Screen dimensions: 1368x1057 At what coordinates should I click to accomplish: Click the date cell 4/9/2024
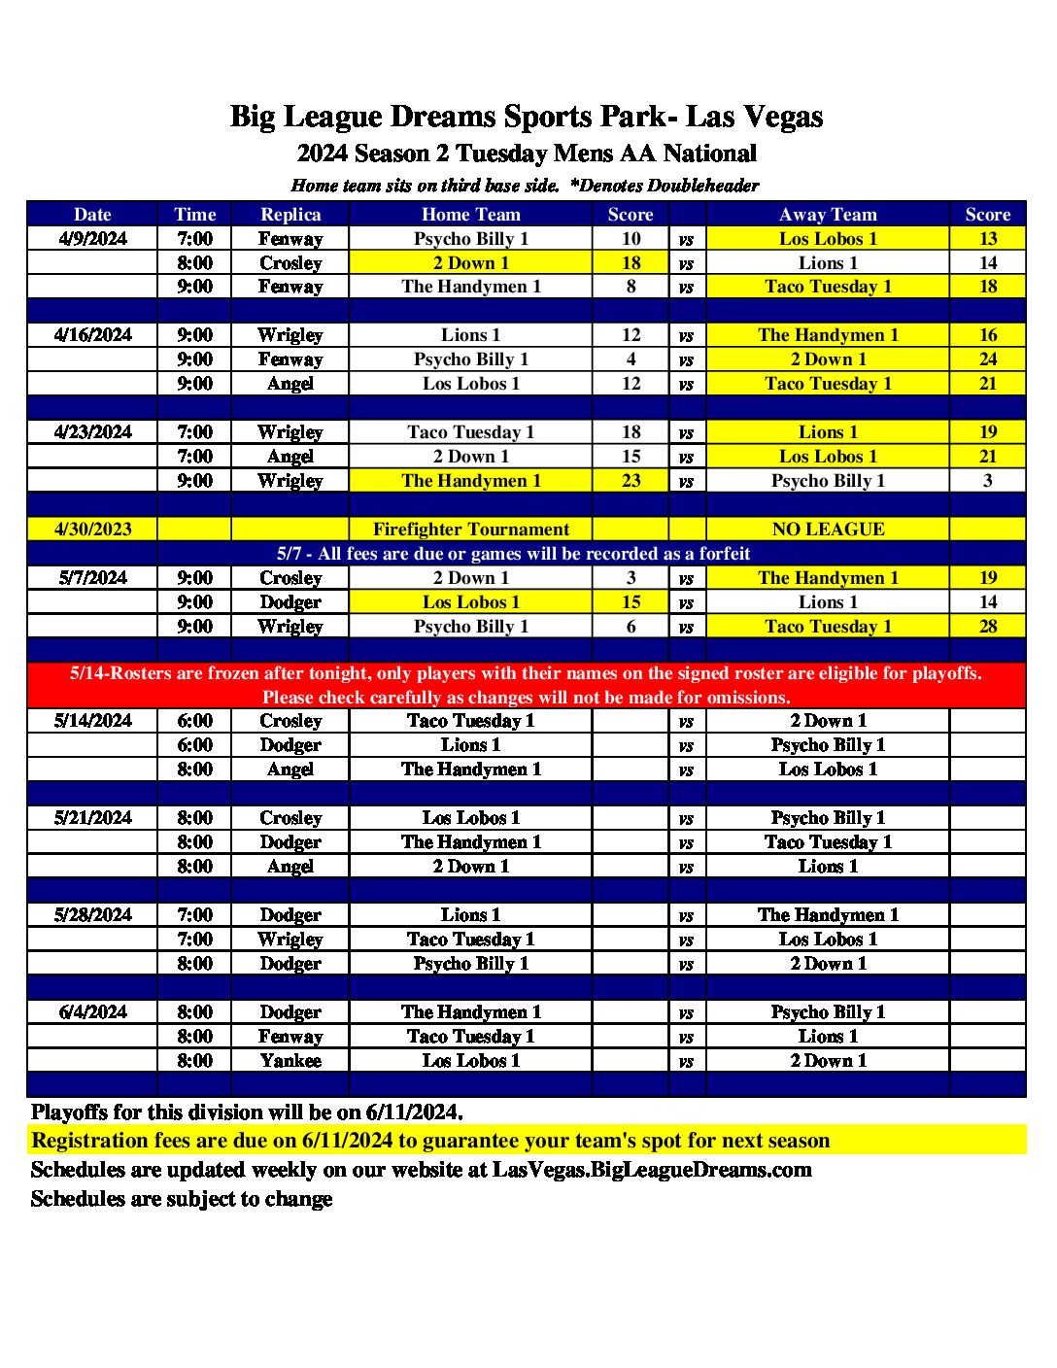[x=92, y=239]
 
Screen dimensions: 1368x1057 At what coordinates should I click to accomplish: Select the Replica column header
[x=290, y=215]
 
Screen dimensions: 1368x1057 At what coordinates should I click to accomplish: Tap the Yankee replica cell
[x=290, y=1061]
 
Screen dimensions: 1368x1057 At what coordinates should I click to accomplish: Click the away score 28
[x=988, y=627]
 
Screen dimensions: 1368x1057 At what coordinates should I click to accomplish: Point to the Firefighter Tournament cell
[x=471, y=530]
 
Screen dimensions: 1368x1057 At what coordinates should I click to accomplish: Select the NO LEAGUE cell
[x=828, y=530]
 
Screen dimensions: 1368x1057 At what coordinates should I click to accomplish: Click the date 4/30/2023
[x=92, y=530]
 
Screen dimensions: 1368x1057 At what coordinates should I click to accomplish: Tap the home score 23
[x=631, y=481]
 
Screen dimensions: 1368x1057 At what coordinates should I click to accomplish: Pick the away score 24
[x=988, y=359]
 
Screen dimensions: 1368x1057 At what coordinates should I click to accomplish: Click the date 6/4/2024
[x=92, y=1012]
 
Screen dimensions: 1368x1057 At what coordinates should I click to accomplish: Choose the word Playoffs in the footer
[x=70, y=1112]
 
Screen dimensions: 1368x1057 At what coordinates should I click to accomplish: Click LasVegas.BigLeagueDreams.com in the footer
[x=652, y=1170]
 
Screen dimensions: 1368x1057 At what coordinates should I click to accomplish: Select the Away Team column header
[x=828, y=215]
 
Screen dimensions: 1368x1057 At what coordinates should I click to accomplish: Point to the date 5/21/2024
[x=92, y=818]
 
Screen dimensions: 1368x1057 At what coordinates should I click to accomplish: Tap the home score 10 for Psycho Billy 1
[x=631, y=239]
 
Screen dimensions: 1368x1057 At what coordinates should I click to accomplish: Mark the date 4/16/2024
[x=92, y=335]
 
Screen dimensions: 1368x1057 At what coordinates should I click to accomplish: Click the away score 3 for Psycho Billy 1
[x=988, y=481]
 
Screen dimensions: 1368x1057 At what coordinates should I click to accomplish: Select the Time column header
[x=194, y=215]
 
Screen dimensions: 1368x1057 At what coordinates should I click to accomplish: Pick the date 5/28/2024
[x=92, y=915]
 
